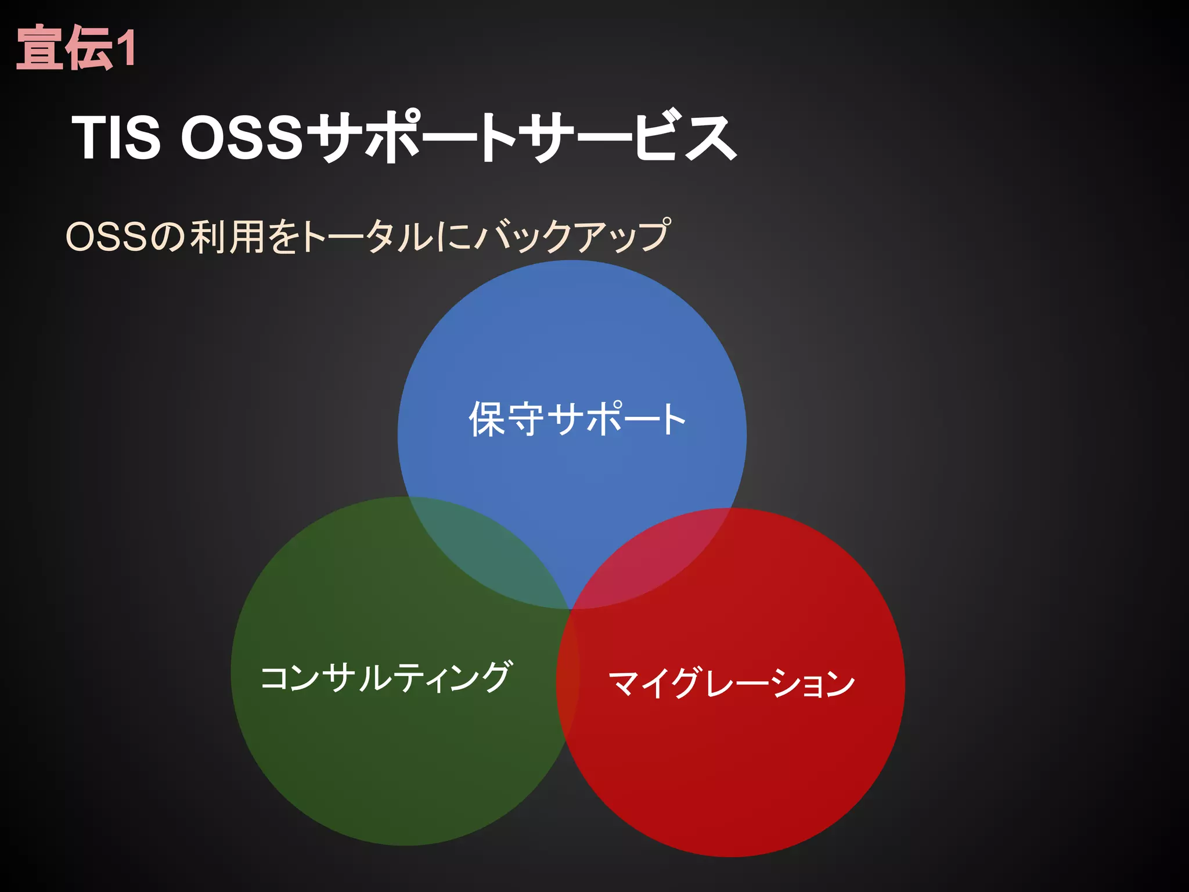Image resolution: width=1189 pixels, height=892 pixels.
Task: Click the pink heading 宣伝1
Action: (x=76, y=48)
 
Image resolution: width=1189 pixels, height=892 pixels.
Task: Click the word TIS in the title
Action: (x=116, y=138)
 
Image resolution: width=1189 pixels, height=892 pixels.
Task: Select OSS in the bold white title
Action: (x=242, y=138)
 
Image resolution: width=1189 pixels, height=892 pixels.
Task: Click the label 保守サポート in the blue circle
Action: (x=577, y=419)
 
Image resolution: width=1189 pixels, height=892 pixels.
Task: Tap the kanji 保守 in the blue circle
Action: (x=506, y=419)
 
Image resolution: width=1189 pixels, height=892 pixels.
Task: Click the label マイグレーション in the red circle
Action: (x=732, y=683)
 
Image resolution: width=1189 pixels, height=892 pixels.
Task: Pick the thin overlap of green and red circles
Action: (x=568, y=668)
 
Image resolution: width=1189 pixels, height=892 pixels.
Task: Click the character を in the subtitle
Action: (x=284, y=237)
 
